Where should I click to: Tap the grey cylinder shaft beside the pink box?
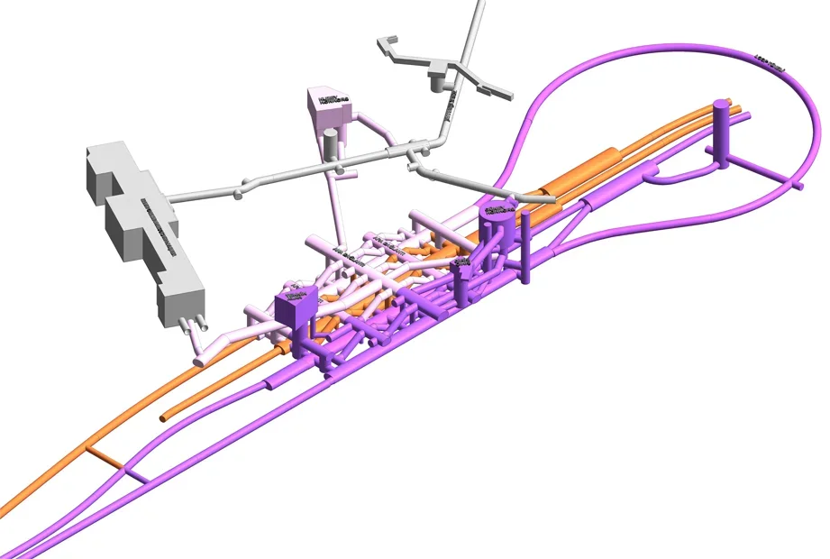click(x=332, y=144)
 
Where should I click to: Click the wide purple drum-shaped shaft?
click(x=495, y=225)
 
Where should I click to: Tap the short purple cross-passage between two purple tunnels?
click(x=136, y=473)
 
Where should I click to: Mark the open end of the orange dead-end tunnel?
click(x=165, y=417)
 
